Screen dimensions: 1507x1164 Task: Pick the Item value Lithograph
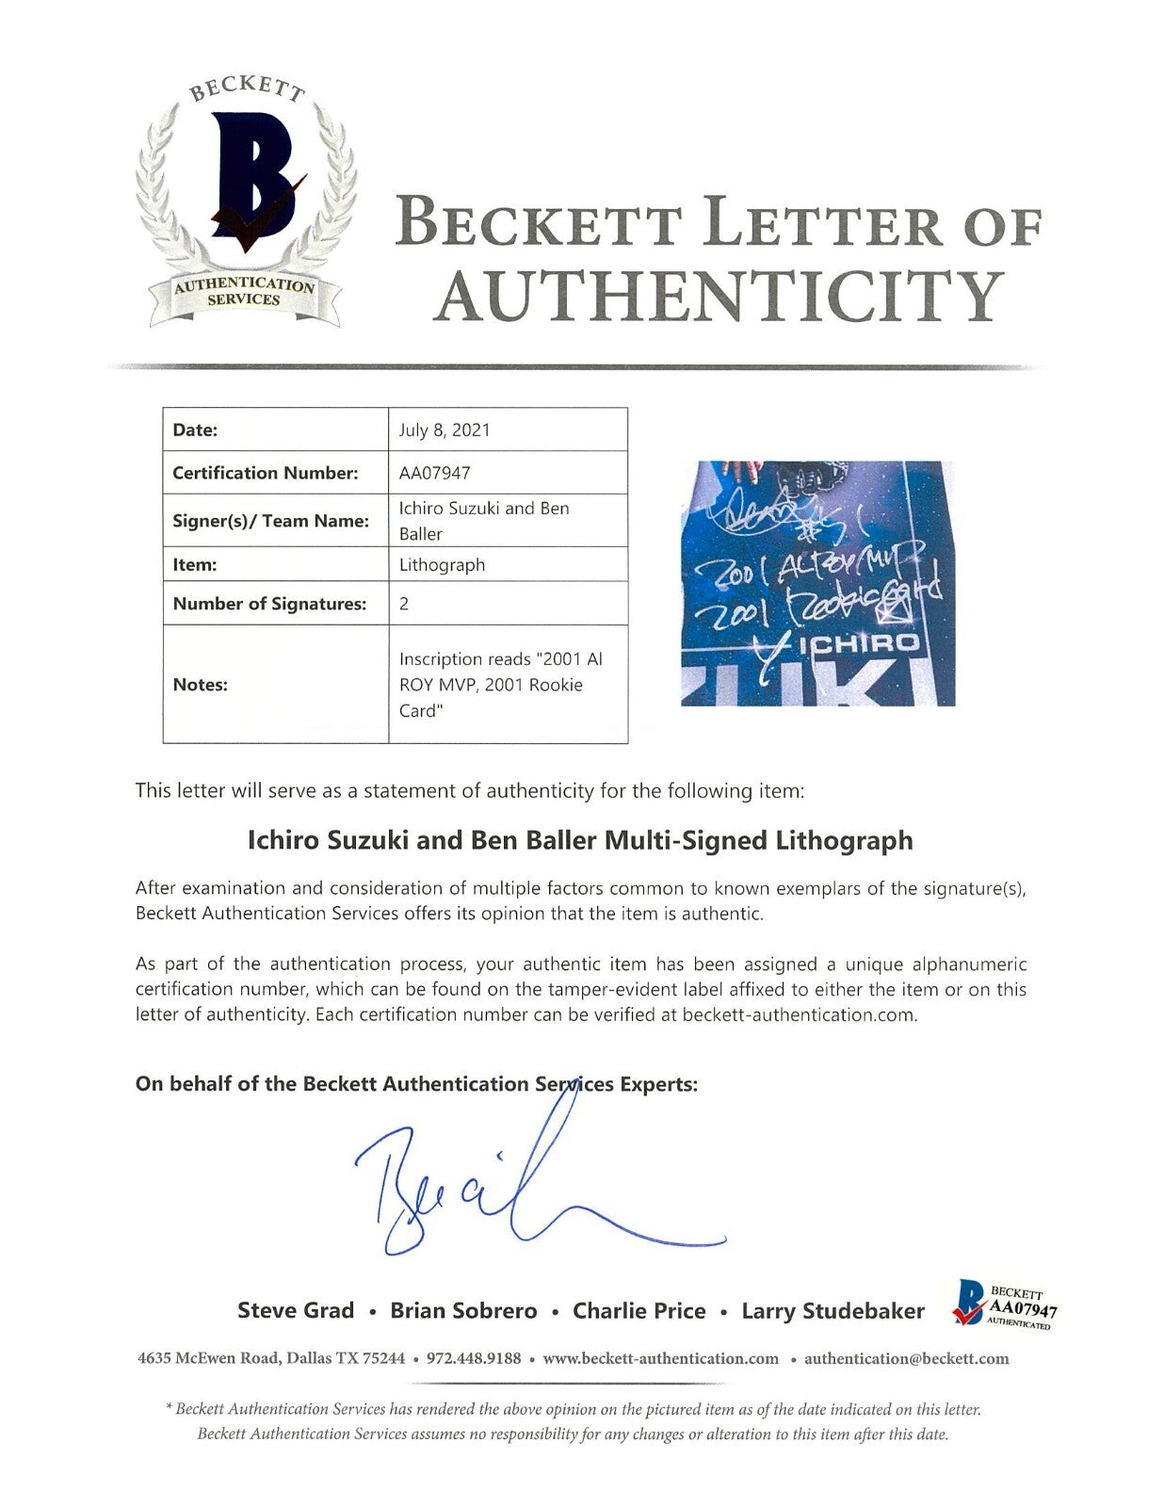click(442, 564)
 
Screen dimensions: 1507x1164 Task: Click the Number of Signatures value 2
click(404, 604)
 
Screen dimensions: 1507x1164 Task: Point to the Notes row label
click(201, 685)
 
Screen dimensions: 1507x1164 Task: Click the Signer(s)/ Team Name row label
click(270, 520)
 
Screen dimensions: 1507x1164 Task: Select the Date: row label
click(195, 430)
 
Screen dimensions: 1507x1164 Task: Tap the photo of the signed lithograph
click(817, 583)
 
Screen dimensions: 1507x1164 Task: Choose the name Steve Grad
click(296, 1310)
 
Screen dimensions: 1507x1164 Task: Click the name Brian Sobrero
click(463, 1310)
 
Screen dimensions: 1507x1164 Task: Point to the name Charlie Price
click(639, 1310)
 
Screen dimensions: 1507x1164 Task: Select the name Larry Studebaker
click(833, 1310)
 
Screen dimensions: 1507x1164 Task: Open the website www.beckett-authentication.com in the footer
click(661, 1358)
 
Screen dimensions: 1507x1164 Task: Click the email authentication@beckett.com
click(907, 1358)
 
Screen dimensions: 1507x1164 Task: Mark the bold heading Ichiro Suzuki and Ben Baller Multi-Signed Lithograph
click(580, 839)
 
